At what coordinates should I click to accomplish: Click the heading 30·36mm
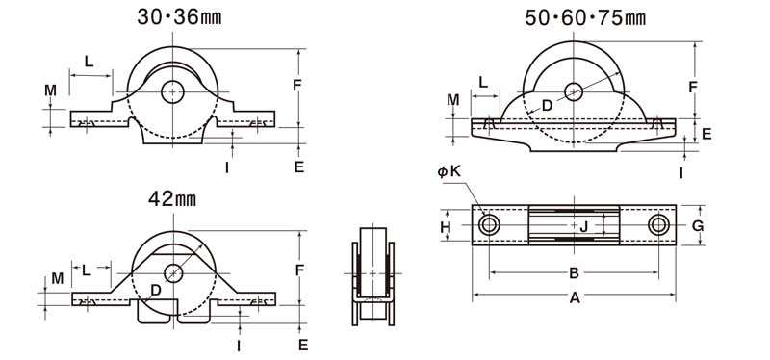click(x=179, y=17)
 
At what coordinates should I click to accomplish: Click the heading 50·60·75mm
click(x=585, y=17)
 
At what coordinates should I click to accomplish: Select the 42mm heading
click(x=172, y=199)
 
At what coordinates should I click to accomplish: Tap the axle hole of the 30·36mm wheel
click(x=172, y=92)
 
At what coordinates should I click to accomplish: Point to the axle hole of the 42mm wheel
click(x=173, y=273)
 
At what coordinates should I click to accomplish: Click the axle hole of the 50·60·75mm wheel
click(x=574, y=91)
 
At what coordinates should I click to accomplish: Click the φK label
click(x=449, y=171)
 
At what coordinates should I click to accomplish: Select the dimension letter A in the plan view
click(x=575, y=297)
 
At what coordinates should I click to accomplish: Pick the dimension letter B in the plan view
click(x=574, y=273)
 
